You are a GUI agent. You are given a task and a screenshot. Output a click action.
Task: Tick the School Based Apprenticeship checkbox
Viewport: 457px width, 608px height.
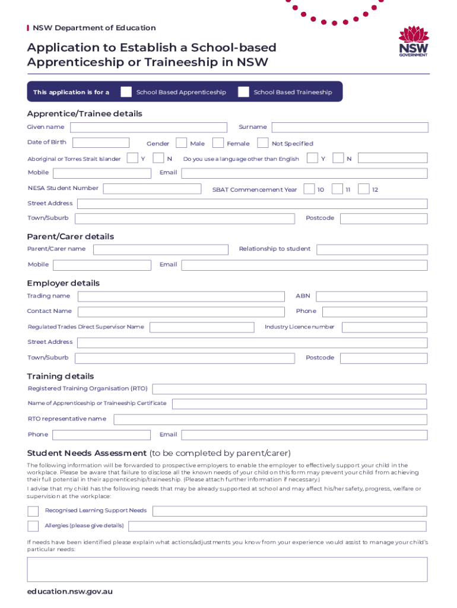(x=126, y=92)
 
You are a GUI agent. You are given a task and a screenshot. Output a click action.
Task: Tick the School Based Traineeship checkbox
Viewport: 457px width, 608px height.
(x=243, y=92)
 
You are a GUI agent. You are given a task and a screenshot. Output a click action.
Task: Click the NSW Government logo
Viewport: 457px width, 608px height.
(x=413, y=42)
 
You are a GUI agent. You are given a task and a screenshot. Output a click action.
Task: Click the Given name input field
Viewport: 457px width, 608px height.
(x=148, y=128)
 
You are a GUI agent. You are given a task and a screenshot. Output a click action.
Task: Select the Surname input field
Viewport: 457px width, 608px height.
(x=350, y=128)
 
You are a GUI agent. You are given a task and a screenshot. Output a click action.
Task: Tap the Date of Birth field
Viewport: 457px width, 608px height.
(x=101, y=142)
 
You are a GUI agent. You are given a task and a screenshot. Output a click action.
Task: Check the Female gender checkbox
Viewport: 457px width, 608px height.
(x=218, y=143)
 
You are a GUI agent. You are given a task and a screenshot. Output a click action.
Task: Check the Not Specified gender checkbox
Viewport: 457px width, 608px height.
(x=262, y=143)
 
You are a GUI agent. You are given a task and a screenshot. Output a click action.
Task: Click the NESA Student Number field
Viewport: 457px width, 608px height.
(x=153, y=189)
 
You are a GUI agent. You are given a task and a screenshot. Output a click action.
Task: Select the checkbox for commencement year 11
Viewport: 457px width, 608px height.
(x=337, y=189)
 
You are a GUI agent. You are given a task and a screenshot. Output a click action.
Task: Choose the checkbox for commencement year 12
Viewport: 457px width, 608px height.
(x=364, y=189)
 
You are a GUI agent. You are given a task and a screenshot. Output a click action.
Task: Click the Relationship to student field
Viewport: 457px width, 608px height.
(x=372, y=249)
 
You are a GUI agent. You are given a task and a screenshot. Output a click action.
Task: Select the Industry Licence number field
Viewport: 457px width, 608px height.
(x=384, y=327)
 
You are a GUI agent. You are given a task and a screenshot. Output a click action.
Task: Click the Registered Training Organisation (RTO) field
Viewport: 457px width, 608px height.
(x=289, y=389)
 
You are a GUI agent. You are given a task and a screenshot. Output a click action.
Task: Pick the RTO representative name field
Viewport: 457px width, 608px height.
(x=270, y=419)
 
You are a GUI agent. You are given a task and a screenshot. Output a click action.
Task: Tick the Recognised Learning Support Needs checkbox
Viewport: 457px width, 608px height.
(x=33, y=511)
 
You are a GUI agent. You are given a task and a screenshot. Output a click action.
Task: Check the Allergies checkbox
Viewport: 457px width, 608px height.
(x=33, y=526)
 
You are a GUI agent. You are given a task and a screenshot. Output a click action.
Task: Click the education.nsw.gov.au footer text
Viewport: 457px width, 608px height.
(x=70, y=591)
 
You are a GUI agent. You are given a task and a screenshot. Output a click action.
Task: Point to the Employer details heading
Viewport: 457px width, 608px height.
(x=64, y=283)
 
